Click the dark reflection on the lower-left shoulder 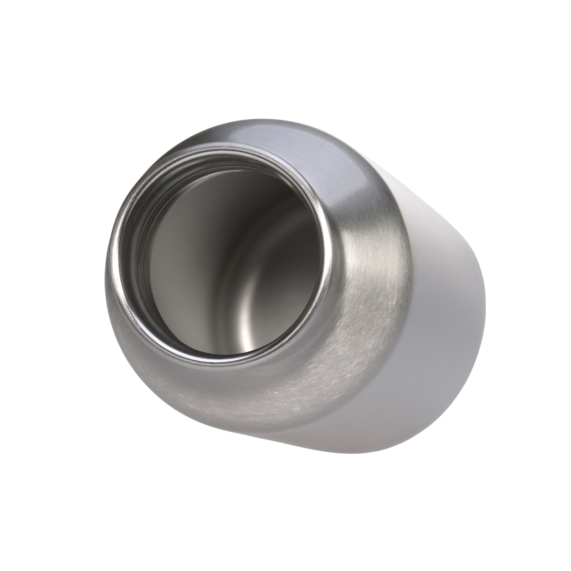coord(148,369)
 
